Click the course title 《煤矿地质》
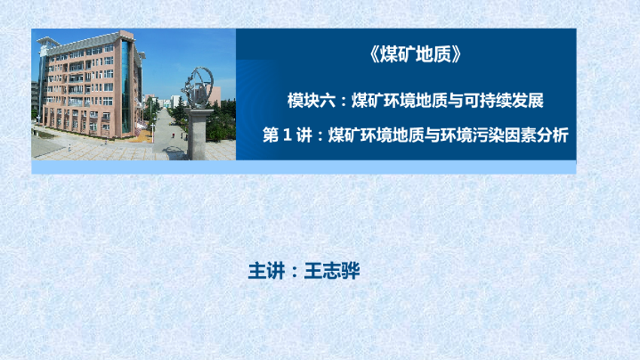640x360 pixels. coord(416,54)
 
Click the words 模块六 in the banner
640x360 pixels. coord(311,101)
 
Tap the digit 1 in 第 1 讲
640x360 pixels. coord(288,135)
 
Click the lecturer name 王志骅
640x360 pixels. coord(332,271)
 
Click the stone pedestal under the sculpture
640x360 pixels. coord(199,134)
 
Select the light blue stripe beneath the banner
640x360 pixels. coord(303,167)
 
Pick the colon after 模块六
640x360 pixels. coord(343,102)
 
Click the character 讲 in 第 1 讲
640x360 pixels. coord(304,135)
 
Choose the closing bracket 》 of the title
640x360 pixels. coord(456,54)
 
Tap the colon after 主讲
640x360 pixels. coord(294,272)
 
